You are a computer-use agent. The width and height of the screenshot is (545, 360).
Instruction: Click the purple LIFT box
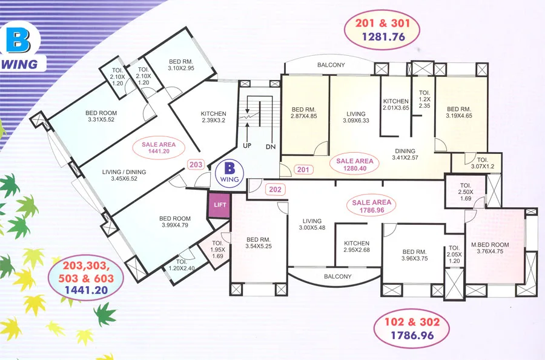(x=219, y=205)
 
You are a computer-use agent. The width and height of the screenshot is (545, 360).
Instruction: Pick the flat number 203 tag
(x=196, y=164)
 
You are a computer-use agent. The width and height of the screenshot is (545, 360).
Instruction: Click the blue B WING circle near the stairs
(x=229, y=172)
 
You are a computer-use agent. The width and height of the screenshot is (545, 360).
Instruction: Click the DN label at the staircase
(x=270, y=147)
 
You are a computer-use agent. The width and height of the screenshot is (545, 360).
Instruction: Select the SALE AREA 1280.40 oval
(x=355, y=165)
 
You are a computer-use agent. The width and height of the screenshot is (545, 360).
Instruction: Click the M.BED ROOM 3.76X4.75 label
(x=489, y=249)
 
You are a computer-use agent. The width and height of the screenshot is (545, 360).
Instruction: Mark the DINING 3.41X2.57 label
(x=405, y=155)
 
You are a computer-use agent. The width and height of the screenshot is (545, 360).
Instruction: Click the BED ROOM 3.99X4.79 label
(x=175, y=222)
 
